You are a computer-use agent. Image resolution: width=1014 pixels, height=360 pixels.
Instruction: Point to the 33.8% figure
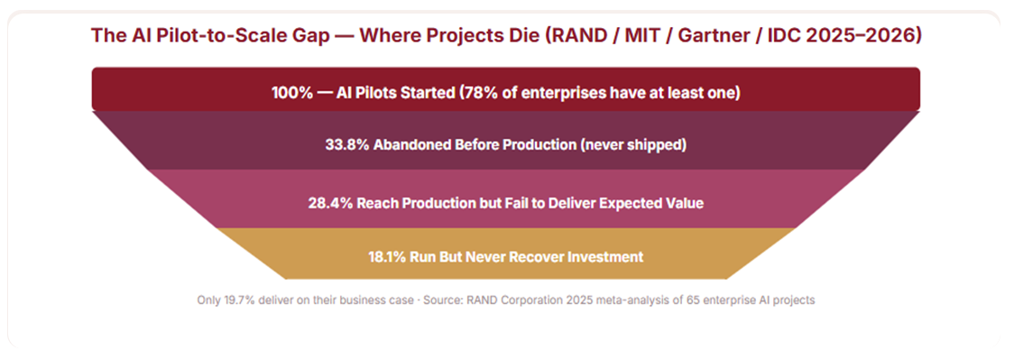click(346, 144)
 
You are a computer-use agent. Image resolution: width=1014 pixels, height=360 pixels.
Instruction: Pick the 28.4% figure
click(329, 203)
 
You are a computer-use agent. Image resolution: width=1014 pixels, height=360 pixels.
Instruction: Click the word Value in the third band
click(685, 203)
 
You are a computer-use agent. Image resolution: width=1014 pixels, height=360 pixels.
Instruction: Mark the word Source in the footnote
click(439, 300)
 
